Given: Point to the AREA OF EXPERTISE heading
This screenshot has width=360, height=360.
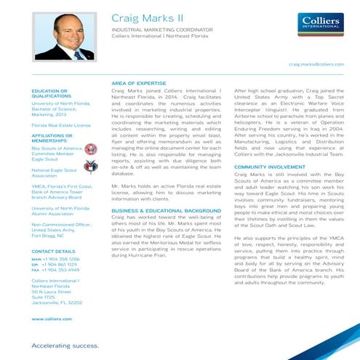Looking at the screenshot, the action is point(137,84).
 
